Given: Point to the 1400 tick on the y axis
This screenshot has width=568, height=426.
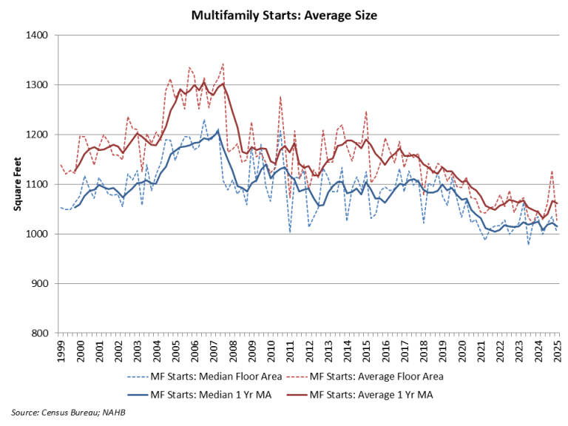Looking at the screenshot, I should click(36, 35).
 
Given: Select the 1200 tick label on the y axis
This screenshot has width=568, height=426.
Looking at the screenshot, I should click(36, 135).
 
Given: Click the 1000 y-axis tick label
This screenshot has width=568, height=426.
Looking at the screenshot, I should click(36, 234).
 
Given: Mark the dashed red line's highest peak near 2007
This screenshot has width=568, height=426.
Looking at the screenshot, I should click(223, 64).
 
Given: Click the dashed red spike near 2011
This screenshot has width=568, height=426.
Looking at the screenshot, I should click(281, 97).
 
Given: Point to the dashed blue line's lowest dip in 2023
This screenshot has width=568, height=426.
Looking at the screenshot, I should click(529, 244).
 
